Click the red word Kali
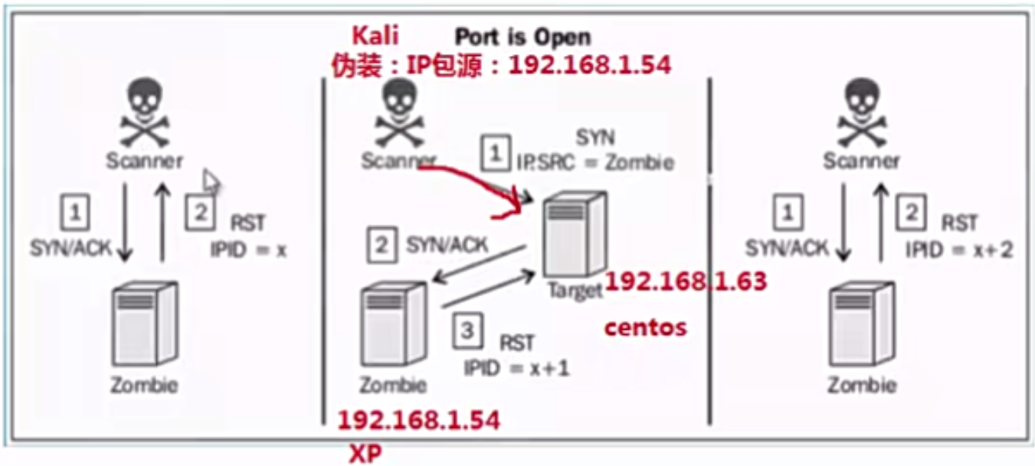coord(375,35)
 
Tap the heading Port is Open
coord(523,36)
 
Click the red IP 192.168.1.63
coord(686,282)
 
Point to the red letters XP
coord(365,454)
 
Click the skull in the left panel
coord(145,116)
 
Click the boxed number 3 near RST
coord(467,331)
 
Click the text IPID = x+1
coord(516,368)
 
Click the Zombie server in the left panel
coord(144,324)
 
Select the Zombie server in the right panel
coord(862,324)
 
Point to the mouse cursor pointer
coord(211,183)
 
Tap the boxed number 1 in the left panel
coord(74,213)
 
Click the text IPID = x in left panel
coord(248,249)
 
